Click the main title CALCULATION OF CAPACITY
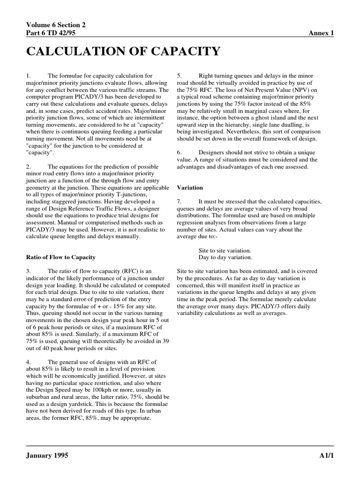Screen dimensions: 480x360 [x=123, y=51]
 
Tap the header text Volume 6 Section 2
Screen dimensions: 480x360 [x=55, y=25]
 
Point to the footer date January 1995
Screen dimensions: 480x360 [x=47, y=456]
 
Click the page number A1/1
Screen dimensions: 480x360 [x=325, y=456]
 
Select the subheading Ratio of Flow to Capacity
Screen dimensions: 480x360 [x=60, y=257]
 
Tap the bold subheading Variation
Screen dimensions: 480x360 [x=189, y=187]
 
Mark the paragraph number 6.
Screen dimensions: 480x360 [x=179, y=153]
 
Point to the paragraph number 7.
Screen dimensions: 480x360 [x=179, y=201]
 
